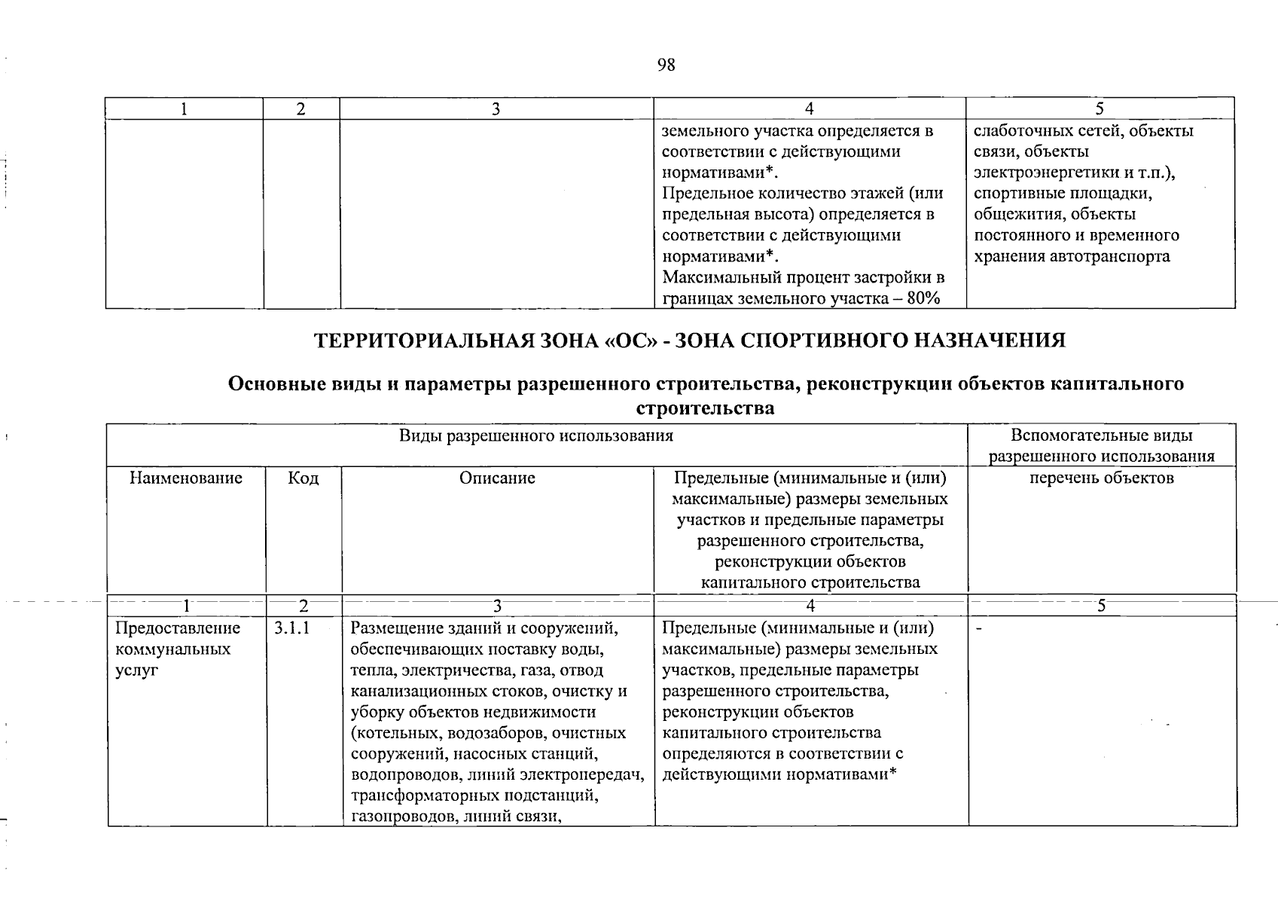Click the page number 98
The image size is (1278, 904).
666,66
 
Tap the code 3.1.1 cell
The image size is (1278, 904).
291,628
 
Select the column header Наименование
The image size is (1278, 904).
186,478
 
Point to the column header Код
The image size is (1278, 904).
303,478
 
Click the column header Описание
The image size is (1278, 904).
497,478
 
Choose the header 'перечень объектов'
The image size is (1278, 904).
1101,478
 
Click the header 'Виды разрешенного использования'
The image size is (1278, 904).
536,435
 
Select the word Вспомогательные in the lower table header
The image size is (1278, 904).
1062,435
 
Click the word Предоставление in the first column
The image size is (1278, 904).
178,628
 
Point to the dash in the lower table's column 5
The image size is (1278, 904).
978,628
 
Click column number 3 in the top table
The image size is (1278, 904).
496,109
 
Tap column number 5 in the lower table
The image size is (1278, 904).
1101,606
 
